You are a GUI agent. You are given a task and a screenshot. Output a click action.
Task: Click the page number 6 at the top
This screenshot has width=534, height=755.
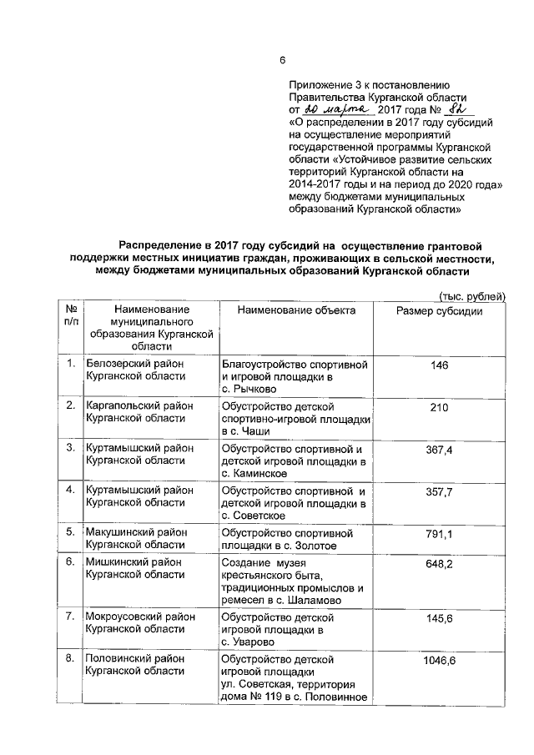pyautogui.click(x=282, y=59)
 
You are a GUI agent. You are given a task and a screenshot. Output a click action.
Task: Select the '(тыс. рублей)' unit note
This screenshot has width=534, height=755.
pyautogui.click(x=472, y=296)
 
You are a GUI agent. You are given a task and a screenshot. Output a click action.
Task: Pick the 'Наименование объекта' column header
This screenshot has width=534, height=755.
pyautogui.click(x=296, y=310)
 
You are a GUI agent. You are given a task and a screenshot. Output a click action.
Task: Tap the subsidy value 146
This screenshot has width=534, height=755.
pyautogui.click(x=439, y=365)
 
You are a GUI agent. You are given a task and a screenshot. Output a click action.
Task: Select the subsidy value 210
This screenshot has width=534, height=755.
pyautogui.click(x=439, y=407)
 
